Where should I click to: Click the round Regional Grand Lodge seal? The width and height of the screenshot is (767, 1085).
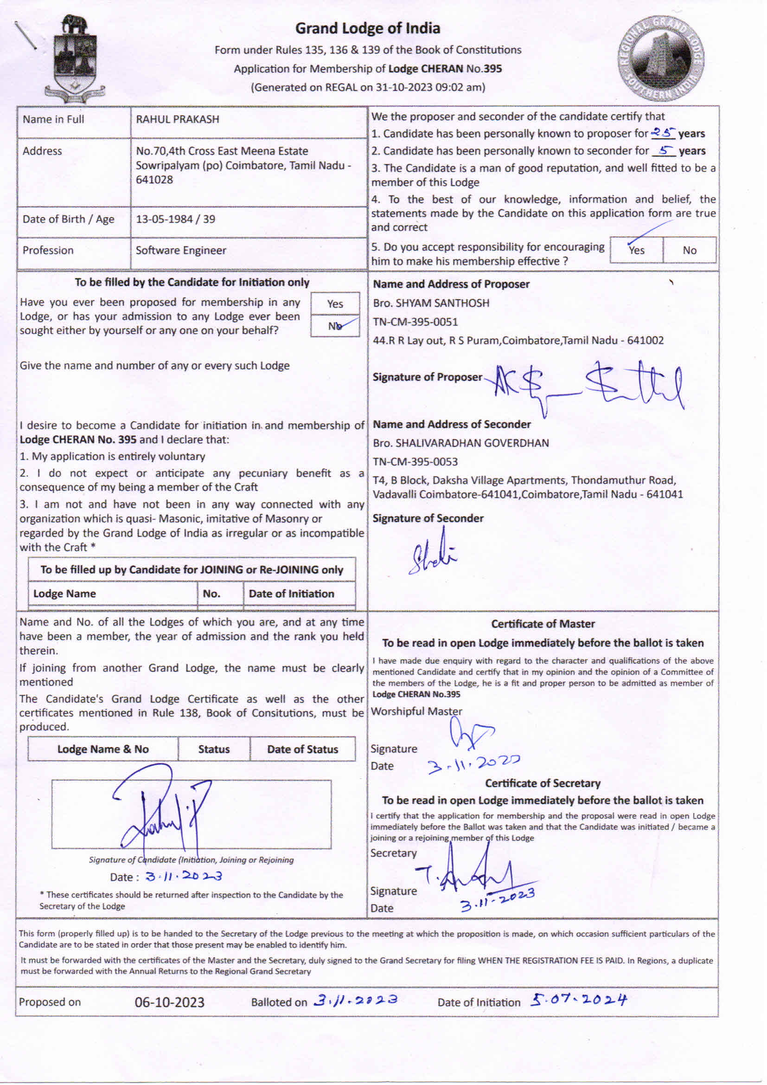pyautogui.click(x=661, y=58)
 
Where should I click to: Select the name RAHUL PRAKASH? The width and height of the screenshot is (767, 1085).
pyautogui.click(x=178, y=120)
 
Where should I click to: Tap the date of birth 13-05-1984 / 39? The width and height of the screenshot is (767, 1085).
pyautogui.click(x=175, y=219)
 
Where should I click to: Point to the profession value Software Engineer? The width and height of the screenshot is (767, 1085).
pyautogui.click(x=181, y=251)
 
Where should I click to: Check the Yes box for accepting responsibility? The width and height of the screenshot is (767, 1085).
pyautogui.click(x=636, y=250)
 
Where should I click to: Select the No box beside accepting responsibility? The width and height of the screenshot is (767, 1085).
pyautogui.click(x=689, y=250)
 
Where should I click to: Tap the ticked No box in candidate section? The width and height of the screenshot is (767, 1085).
pyautogui.click(x=335, y=326)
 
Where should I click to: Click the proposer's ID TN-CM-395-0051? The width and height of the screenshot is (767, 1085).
pyautogui.click(x=415, y=322)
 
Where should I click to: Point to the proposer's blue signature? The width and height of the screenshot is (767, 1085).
pyautogui.click(x=586, y=385)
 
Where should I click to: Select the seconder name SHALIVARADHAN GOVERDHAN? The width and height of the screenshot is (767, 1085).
pyautogui.click(x=460, y=443)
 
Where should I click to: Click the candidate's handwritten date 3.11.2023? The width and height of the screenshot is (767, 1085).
pyautogui.click(x=183, y=877)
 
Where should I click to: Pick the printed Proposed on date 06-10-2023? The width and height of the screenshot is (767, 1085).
pyautogui.click(x=169, y=1002)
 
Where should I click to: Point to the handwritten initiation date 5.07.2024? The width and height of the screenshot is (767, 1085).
pyautogui.click(x=579, y=1000)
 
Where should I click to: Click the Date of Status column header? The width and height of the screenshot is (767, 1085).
pyautogui.click(x=302, y=749)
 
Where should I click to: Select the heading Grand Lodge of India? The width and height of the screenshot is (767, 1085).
pyautogui.click(x=367, y=28)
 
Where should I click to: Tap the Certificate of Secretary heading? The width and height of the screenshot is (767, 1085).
pyautogui.click(x=543, y=783)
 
